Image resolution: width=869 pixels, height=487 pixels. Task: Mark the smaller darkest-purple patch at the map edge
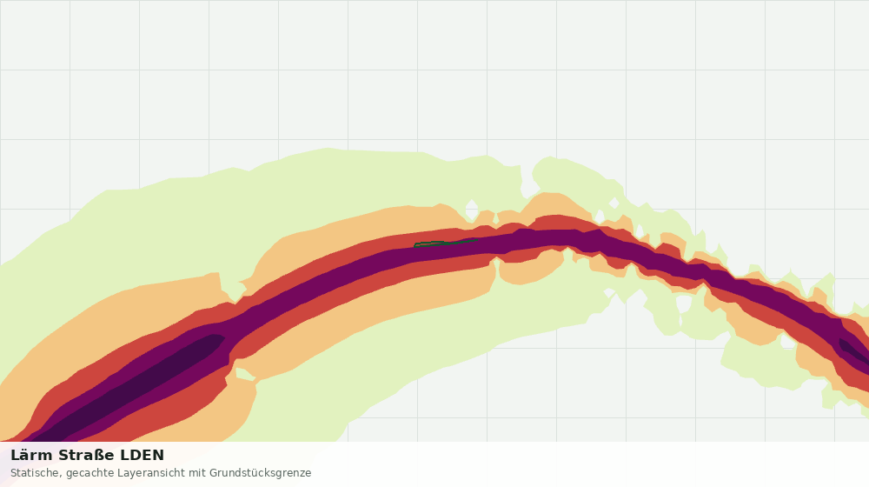tap(854, 351)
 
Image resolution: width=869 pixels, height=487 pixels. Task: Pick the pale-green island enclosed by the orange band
tap(244, 374)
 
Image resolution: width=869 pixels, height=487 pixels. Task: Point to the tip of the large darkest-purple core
tap(224, 337)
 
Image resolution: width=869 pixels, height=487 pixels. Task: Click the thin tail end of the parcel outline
tap(477, 240)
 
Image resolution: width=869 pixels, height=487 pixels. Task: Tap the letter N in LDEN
tap(158, 456)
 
